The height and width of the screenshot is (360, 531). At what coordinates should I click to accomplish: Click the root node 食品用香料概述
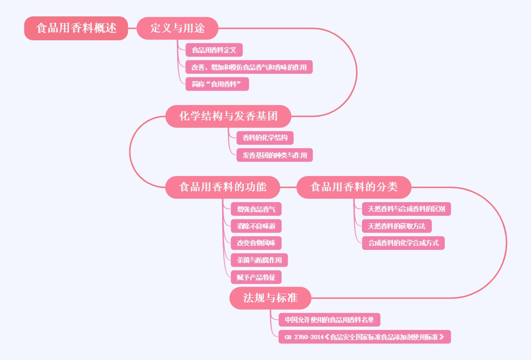(76, 28)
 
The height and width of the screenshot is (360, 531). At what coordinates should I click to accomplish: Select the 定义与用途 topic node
(177, 28)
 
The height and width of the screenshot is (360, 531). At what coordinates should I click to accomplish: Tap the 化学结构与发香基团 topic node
(228, 116)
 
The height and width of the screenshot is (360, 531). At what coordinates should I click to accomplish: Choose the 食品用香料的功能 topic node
(223, 187)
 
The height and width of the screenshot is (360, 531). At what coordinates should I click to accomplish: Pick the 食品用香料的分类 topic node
(354, 187)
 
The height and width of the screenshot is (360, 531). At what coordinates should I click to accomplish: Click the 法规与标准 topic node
(270, 298)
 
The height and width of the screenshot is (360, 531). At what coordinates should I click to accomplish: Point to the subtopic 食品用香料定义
(214, 50)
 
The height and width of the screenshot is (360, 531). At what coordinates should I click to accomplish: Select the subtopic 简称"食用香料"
(217, 84)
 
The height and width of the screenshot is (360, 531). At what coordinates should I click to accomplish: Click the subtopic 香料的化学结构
(265, 138)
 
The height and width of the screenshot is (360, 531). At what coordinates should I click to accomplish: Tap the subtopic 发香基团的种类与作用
(275, 155)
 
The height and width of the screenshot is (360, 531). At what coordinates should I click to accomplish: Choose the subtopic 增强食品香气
(256, 209)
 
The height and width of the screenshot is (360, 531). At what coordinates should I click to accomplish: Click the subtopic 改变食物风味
(256, 243)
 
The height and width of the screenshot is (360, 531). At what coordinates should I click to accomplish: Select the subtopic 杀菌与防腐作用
(259, 260)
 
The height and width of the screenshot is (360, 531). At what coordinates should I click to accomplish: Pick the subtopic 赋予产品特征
(256, 277)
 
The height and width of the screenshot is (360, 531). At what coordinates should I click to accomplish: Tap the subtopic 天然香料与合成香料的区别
(406, 209)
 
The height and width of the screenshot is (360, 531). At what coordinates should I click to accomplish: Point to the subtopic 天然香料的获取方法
(396, 226)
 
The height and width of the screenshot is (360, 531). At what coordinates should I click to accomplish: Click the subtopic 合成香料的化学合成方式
(403, 243)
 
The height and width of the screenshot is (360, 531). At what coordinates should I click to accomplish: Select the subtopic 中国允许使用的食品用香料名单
(329, 319)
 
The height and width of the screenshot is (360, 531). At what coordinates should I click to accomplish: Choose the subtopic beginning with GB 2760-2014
(365, 337)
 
